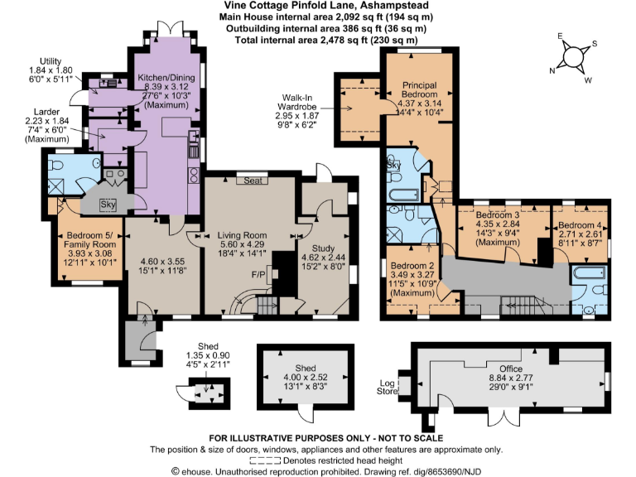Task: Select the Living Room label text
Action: coord(241,235)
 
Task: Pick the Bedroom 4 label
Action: coord(581,225)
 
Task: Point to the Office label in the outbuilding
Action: coord(510,369)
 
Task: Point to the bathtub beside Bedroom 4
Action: coord(590,273)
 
